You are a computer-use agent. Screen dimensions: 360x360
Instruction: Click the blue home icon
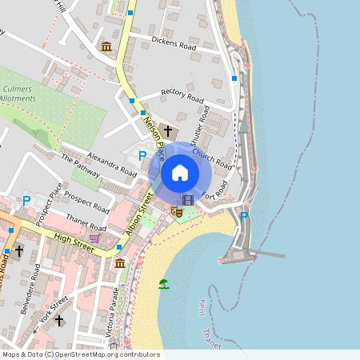tap(180, 172)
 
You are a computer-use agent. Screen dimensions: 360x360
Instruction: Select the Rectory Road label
tap(183, 94)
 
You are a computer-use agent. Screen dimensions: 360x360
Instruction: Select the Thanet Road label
tap(86, 207)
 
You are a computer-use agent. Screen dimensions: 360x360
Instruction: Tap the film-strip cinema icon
tap(188, 200)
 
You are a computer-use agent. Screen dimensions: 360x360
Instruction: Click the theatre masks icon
tap(176, 211)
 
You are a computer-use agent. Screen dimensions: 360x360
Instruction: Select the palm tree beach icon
tap(164, 283)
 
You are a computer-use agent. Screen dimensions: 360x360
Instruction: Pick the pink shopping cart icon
tap(95, 238)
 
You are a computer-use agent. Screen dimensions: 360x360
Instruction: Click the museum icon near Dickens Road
tap(106, 46)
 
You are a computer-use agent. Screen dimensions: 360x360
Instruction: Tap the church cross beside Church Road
tap(168, 130)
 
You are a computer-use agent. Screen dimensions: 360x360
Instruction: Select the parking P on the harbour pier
tap(244, 215)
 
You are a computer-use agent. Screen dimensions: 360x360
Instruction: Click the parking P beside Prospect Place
tap(26, 200)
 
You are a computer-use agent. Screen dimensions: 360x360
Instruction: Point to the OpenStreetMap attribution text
tap(81, 354)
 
